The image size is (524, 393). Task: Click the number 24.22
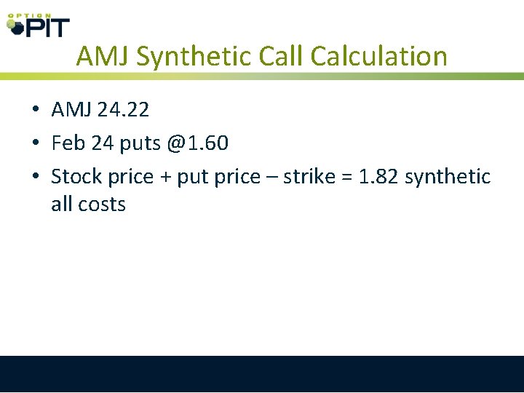(123, 110)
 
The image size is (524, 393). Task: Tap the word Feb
(68, 143)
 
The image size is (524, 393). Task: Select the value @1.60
(196, 143)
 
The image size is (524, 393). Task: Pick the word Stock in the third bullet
(76, 177)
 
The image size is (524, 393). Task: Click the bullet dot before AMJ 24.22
(35, 111)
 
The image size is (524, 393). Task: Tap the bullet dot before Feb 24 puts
(35, 144)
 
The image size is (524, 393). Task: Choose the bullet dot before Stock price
(35, 178)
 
